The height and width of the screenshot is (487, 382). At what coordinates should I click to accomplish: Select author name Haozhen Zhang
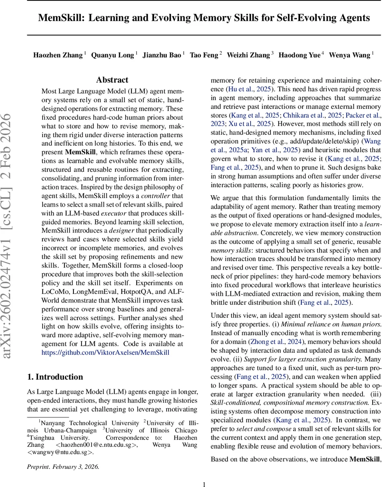pyautogui.click(x=58, y=55)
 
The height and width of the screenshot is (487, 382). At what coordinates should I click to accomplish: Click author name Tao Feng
pyautogui.click(x=204, y=55)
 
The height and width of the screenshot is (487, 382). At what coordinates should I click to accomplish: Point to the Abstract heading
pyautogui.click(x=112, y=80)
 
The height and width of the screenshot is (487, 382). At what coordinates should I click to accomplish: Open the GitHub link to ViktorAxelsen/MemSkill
pyautogui.click(x=105, y=353)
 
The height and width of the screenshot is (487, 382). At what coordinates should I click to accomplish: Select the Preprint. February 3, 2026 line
pyautogui.click(x=63, y=466)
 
